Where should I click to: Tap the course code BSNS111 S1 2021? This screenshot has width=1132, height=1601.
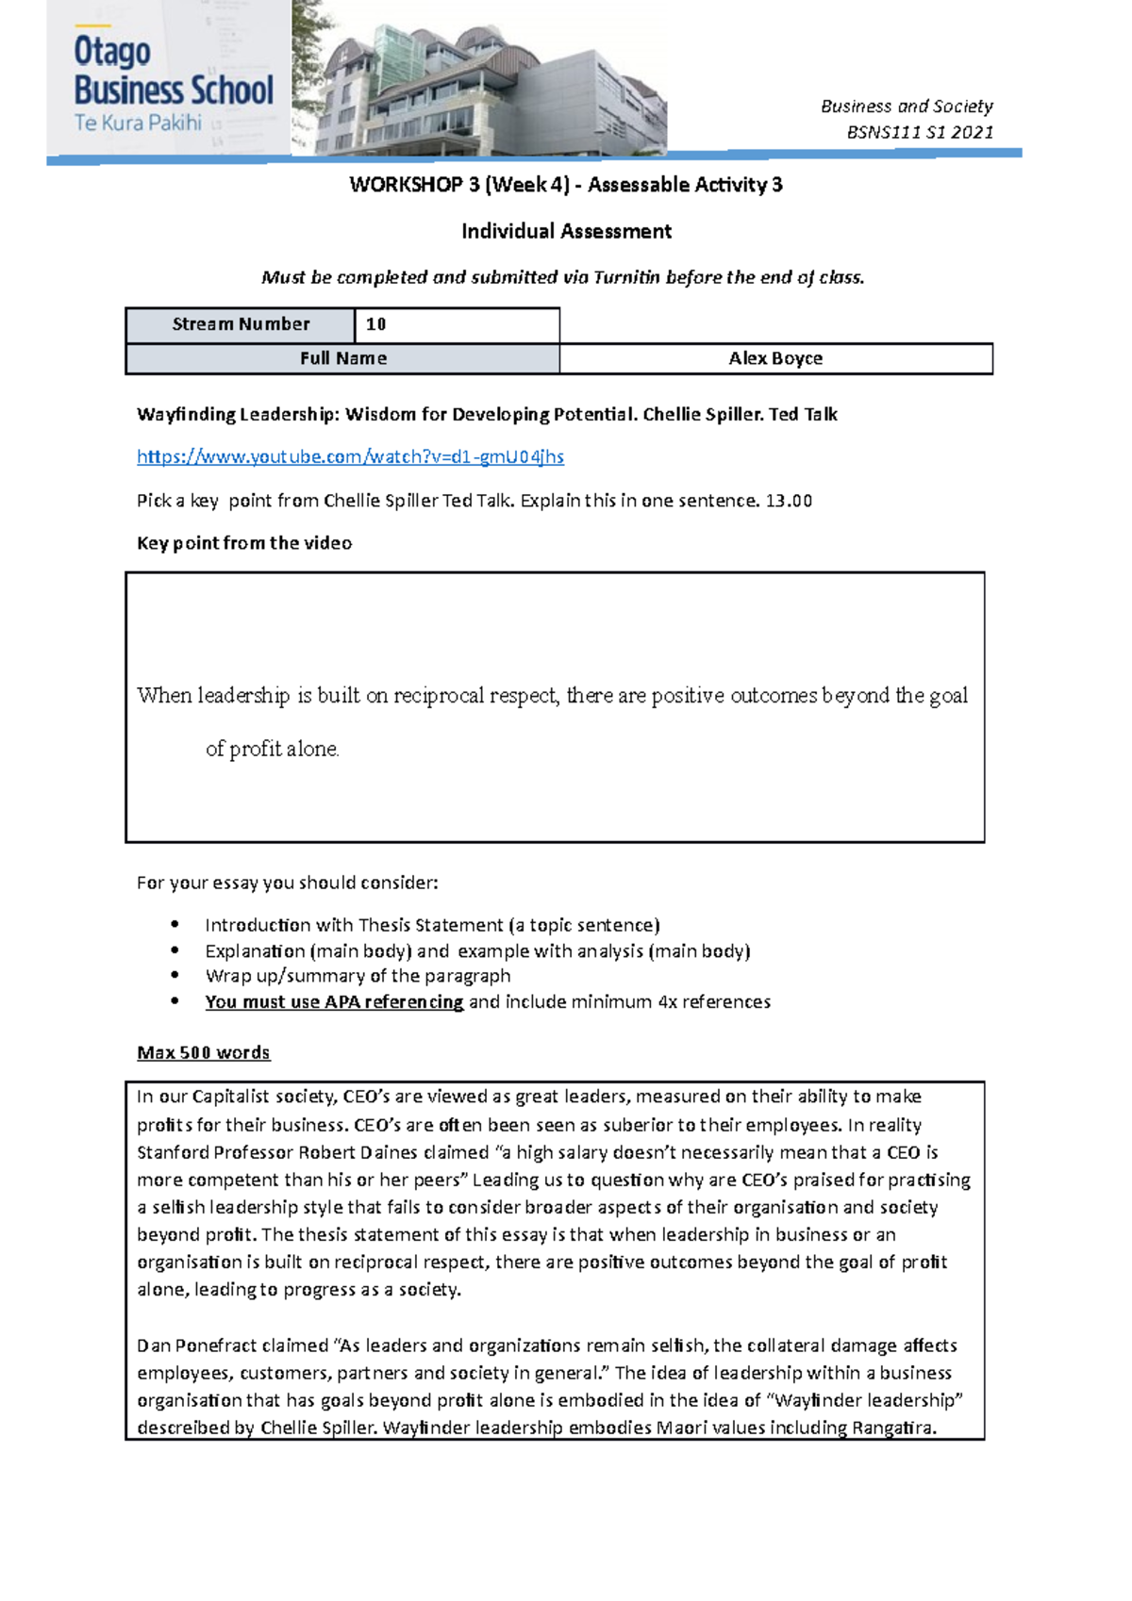pyautogui.click(x=920, y=132)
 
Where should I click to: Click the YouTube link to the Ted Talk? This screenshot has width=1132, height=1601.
pyautogui.click(x=350, y=457)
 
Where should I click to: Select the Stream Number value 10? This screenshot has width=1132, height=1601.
pyautogui.click(x=375, y=324)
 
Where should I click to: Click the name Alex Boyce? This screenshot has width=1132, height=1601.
pyautogui.click(x=775, y=358)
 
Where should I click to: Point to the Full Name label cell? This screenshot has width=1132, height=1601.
pyautogui.click(x=342, y=358)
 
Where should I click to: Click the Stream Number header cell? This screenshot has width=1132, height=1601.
pyautogui.click(x=241, y=324)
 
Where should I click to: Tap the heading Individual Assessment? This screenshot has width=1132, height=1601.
pyautogui.click(x=566, y=231)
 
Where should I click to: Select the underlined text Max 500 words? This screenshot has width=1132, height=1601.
pyautogui.click(x=203, y=1052)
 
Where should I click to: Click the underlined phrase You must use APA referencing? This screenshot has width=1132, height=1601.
pyautogui.click(x=334, y=1001)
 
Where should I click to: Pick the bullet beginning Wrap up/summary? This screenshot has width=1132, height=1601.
pyautogui.click(x=358, y=976)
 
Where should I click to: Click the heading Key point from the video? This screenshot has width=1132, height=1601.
pyautogui.click(x=244, y=543)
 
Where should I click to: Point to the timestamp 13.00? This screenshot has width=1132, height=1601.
pyautogui.click(x=789, y=501)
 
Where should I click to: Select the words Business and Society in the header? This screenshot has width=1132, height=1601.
pyautogui.click(x=907, y=107)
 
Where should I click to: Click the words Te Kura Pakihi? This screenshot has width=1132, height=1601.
pyautogui.click(x=138, y=123)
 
